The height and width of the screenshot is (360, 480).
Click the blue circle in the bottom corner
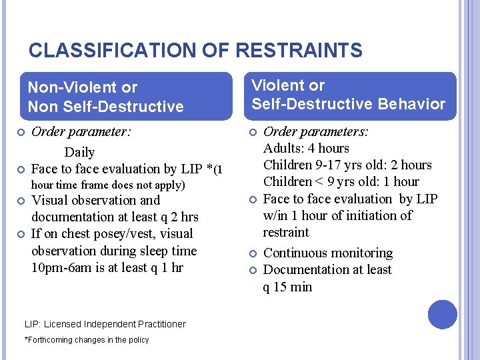pyautogui.click(x=443, y=315)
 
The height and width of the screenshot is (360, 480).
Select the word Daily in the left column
pyautogui.click(x=79, y=152)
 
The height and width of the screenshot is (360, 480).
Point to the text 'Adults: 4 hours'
pyautogui.click(x=306, y=148)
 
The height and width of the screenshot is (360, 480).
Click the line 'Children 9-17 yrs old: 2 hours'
pyautogui.click(x=347, y=165)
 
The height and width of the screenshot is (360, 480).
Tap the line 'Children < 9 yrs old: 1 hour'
pyautogui.click(x=341, y=181)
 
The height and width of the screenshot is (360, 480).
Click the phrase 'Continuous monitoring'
pyautogui.click(x=328, y=253)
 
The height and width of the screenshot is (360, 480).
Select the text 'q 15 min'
pyautogui.click(x=287, y=287)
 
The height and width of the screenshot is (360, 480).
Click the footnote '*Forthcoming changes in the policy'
pyautogui.click(x=87, y=340)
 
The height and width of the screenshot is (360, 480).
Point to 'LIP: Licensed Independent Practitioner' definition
pyautogui.click(x=105, y=324)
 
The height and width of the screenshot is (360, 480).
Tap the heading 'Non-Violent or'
pyautogui.click(x=83, y=87)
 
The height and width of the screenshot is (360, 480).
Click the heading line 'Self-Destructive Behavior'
pyautogui.click(x=348, y=103)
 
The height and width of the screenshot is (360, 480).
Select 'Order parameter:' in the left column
pyautogui.click(x=81, y=131)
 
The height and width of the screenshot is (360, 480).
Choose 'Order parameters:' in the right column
pyautogui.click(x=316, y=131)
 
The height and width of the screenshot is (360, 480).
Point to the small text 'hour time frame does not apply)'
pyautogui.click(x=108, y=185)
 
